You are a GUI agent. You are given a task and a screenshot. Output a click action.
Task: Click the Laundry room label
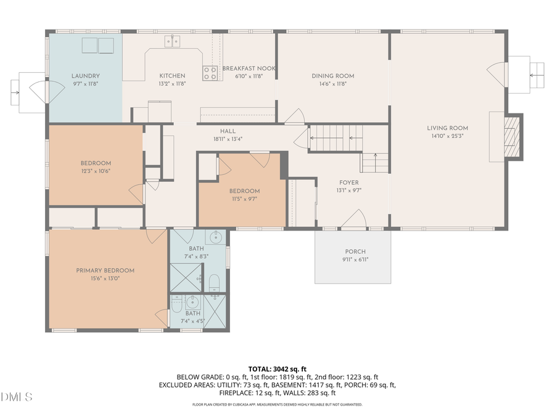(85, 76)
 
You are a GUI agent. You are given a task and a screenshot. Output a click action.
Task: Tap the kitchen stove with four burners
(210, 73)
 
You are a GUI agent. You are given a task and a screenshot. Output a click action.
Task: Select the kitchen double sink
(173, 41)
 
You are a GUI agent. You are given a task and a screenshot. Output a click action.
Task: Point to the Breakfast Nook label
(249, 68)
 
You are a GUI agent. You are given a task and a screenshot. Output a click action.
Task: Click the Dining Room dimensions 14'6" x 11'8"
(332, 84)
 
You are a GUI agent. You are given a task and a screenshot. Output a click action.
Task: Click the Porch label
(355, 251)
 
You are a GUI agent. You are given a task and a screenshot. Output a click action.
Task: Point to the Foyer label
(348, 183)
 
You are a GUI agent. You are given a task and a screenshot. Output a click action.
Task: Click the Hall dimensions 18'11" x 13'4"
(228, 139)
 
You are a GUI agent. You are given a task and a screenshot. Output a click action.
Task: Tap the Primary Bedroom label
(105, 271)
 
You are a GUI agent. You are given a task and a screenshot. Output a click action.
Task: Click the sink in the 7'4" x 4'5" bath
(192, 301)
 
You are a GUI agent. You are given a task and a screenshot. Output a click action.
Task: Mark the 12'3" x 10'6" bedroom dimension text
(96, 171)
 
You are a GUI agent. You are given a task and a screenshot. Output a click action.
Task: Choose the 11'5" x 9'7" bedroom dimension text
(244, 199)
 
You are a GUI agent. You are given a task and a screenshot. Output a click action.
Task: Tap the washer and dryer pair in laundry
(98, 46)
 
